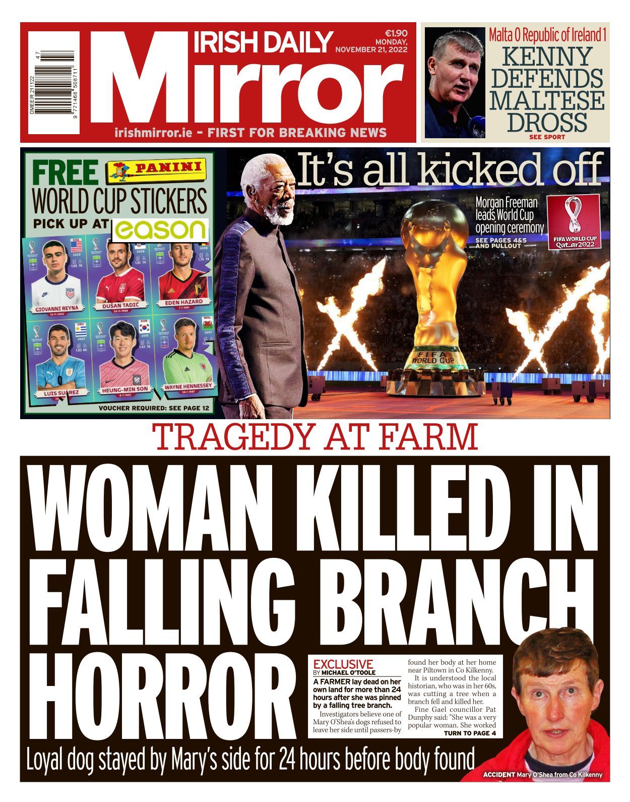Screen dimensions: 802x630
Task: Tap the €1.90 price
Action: [396, 33]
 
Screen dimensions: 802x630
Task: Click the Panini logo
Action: [157, 171]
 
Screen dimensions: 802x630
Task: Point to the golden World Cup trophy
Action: [435, 282]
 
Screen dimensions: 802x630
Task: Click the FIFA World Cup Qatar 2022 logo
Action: [575, 222]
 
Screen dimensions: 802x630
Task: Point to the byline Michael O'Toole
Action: [348, 673]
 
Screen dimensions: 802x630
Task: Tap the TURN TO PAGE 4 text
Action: [470, 733]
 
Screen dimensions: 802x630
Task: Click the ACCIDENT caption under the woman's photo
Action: [498, 774]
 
